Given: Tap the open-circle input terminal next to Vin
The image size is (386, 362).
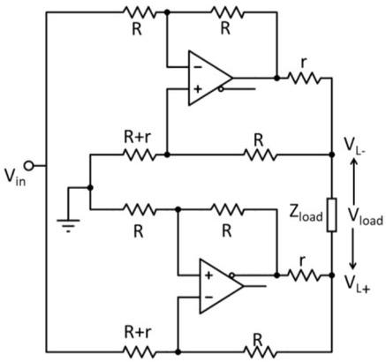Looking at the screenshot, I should click(28, 165).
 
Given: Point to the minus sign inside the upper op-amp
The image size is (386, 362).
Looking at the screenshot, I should click(196, 67).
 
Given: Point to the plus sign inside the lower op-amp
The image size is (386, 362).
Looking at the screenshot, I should click(208, 275).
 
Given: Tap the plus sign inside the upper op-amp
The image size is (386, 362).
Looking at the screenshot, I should click(196, 88).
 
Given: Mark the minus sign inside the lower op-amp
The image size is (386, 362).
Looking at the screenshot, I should click(208, 297).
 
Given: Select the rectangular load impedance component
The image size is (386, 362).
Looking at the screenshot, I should click(331, 215).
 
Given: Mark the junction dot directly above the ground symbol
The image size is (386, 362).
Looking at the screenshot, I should click(90, 187).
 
